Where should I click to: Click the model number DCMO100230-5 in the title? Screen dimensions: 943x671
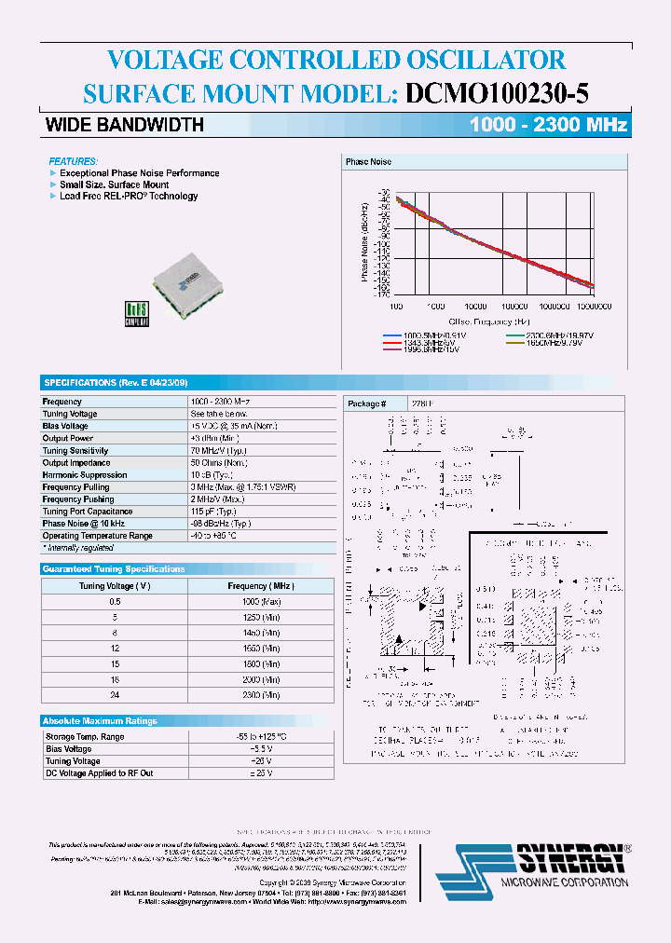(x=497, y=93)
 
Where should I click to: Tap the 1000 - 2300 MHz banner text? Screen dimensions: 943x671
(x=548, y=125)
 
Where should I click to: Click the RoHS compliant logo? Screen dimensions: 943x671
(x=136, y=312)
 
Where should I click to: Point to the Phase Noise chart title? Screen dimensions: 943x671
(x=368, y=162)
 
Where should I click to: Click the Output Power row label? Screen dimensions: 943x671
(x=68, y=438)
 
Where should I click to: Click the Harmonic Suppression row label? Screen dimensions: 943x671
(x=85, y=474)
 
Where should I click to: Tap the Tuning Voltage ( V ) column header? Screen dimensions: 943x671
(x=116, y=586)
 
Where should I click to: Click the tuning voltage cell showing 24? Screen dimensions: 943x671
(x=116, y=695)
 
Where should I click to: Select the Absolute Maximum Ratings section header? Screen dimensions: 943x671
(x=101, y=720)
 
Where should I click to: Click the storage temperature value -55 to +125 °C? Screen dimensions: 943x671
(x=259, y=737)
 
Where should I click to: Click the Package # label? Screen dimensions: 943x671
(x=364, y=403)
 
